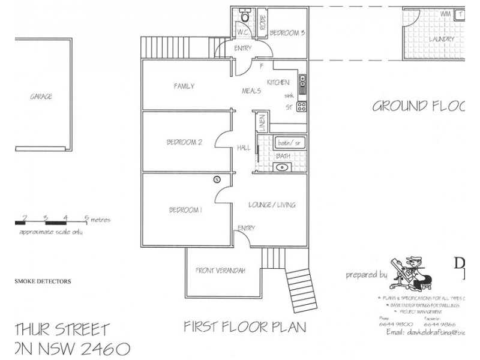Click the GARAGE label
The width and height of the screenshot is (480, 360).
[x=41, y=96]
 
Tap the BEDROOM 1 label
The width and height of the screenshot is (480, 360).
[x=185, y=210]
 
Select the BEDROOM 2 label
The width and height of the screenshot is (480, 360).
[x=184, y=142]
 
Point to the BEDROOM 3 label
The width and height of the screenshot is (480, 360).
[x=287, y=33]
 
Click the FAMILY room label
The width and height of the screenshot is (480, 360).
[x=184, y=86]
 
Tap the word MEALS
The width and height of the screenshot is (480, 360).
[x=250, y=91]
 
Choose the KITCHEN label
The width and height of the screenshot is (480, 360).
[x=278, y=82]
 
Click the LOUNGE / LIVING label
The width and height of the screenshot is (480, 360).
[x=272, y=205]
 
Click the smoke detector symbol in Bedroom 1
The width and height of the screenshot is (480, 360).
[x=217, y=179]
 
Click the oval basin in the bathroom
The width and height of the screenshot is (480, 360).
[x=282, y=167]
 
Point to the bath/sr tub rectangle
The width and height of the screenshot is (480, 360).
[x=289, y=143]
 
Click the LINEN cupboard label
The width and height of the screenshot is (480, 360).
[x=262, y=122]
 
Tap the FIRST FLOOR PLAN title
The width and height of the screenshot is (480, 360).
[x=244, y=327]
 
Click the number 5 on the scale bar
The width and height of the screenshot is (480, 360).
[x=86, y=218]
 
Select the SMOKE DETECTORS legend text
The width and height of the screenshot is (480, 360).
[x=43, y=281]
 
